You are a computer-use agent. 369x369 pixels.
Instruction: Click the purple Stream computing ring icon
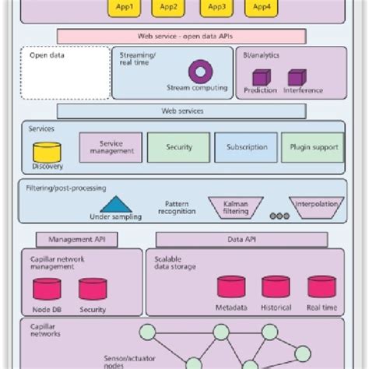[200, 72]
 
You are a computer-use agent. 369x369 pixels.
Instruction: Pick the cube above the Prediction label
[262, 77]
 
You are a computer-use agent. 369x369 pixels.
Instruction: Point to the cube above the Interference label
[297, 77]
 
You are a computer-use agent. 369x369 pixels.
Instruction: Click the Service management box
[111, 147]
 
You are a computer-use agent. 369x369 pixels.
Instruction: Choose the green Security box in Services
[178, 147]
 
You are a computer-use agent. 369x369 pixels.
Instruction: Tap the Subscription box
[246, 147]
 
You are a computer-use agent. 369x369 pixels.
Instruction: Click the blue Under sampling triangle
[116, 205]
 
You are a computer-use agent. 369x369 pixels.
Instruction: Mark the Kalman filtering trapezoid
[235, 206]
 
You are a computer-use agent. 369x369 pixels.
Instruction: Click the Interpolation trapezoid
[318, 206]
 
